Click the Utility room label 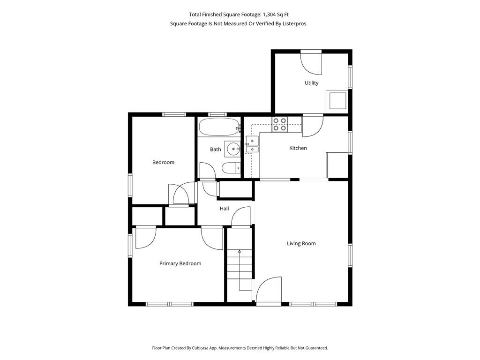311,83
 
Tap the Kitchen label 298,148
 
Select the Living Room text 301,244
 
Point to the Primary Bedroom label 180,263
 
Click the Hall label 224,209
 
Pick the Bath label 215,150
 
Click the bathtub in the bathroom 219,127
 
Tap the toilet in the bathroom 231,168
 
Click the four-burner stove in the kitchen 280,125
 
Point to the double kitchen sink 252,144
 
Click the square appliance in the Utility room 337,100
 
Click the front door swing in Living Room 269,290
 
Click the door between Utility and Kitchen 313,126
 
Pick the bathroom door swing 207,171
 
